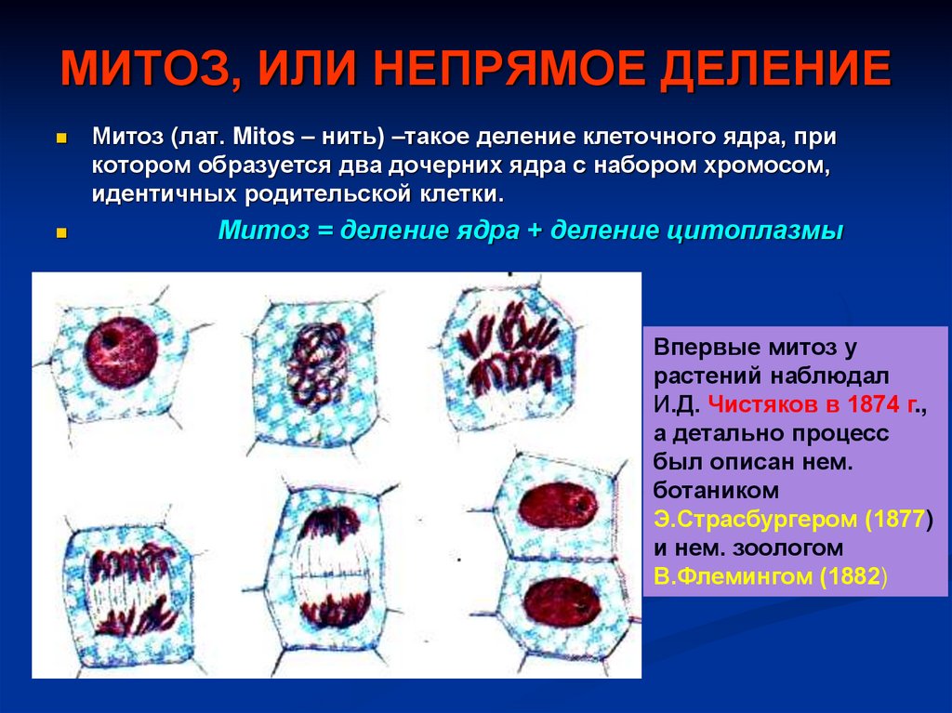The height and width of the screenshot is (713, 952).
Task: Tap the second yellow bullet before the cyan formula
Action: [61, 232]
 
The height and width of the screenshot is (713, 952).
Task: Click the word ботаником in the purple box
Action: [715, 490]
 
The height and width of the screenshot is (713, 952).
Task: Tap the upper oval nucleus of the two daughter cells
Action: [557, 507]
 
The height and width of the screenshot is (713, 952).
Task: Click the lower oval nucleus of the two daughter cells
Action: [559, 601]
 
